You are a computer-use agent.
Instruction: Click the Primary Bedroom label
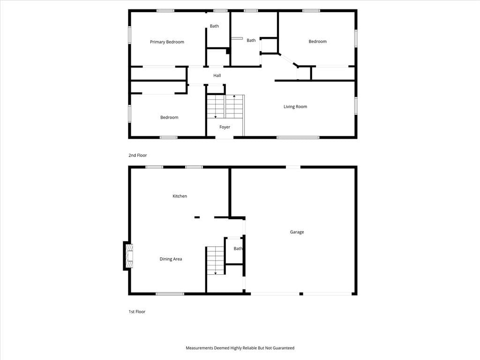tap(167, 42)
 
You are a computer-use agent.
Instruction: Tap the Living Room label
tap(295, 106)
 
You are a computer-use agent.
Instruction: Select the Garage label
tap(297, 232)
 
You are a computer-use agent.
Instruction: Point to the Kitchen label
tap(180, 196)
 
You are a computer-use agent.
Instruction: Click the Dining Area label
tap(171, 259)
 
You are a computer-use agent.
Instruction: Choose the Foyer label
tap(225, 127)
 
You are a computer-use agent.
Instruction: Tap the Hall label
tap(217, 75)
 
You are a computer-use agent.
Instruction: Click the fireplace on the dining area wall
tap(128, 256)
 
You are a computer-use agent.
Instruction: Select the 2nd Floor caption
tap(138, 155)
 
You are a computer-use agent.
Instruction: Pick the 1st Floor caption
tap(137, 312)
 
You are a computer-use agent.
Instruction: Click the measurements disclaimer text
tap(240, 348)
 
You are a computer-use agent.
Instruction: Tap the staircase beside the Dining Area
tap(216, 261)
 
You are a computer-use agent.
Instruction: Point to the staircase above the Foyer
tap(225, 106)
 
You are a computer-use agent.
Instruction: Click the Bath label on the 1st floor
tap(238, 248)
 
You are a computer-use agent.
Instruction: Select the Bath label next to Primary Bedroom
tap(214, 26)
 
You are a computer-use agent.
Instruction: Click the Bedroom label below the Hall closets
tap(169, 117)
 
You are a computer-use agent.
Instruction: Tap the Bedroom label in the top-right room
tap(317, 41)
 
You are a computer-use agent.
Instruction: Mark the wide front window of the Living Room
tap(298, 137)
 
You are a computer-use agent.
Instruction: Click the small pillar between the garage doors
tap(301, 294)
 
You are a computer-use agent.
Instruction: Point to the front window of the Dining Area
tap(170, 294)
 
